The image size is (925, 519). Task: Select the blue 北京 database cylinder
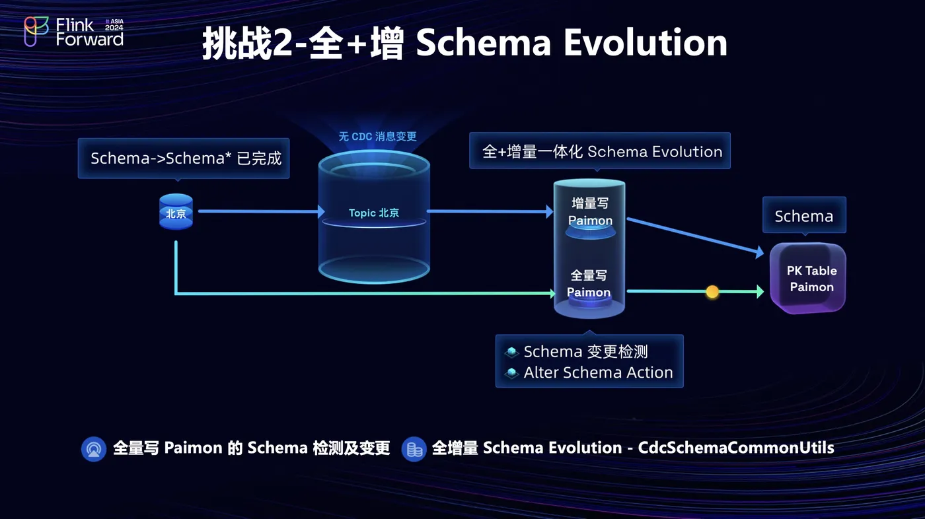pos(176,212)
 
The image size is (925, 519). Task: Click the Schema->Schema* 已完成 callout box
pos(184,158)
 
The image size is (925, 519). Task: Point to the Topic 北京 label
pos(374,213)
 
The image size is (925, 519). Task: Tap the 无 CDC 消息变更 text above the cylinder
pos(377,137)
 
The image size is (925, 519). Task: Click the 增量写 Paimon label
pos(590,212)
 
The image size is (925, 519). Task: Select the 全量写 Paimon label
pos(589,284)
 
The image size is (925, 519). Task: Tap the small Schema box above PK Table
pos(803,216)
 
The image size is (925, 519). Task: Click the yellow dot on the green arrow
pos(712,291)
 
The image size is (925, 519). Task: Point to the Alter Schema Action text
pos(598,373)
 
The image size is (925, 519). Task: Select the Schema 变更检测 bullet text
pos(585,352)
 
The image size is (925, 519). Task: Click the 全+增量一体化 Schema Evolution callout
pos(602,152)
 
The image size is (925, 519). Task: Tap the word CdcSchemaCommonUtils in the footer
pos(735,448)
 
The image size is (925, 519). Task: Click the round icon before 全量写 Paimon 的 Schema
pos(93,449)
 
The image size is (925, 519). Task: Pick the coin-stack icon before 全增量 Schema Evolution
pos(414,449)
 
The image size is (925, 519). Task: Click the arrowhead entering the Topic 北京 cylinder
pos(320,211)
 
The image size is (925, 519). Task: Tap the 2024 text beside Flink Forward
pos(114,28)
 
